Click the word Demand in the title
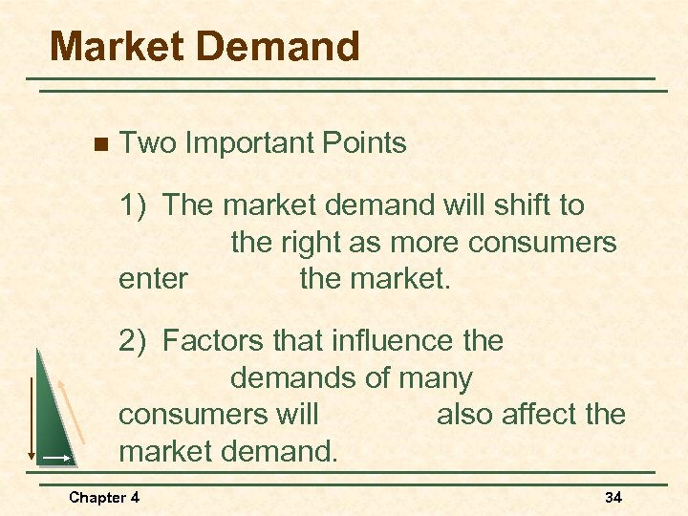pos(279,46)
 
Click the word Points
pos(367,144)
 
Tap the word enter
pos(153,280)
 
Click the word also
pos(467,415)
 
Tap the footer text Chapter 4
pos(104,497)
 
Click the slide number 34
pos(613,497)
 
